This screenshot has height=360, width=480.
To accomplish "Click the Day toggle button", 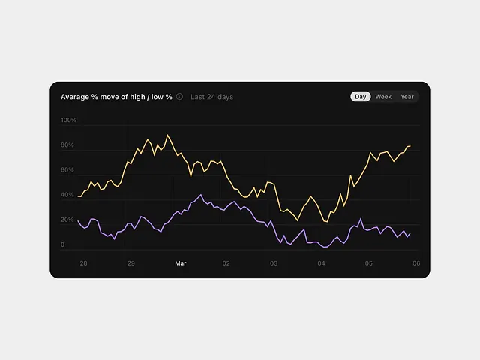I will click(361, 97).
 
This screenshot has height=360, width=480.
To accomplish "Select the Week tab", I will click(383, 97).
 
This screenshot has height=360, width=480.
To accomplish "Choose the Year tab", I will click(406, 97).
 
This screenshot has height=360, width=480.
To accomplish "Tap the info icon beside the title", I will click(179, 97).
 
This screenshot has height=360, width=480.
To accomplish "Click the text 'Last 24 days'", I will click(211, 97).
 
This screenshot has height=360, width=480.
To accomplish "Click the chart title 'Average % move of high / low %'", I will click(116, 97).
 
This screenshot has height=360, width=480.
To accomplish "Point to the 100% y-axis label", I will click(68, 120).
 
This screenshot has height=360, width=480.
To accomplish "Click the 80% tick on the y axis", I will click(67, 145).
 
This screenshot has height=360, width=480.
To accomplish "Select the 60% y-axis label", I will click(67, 170).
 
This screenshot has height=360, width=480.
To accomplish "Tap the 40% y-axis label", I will click(67, 195).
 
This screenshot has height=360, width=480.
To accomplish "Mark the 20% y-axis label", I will click(67, 220).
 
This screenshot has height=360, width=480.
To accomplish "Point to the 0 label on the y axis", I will click(63, 244).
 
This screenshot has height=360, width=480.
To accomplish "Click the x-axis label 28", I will click(83, 263).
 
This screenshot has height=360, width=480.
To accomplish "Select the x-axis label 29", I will click(131, 263).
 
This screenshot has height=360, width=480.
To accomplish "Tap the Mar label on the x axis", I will click(180, 263).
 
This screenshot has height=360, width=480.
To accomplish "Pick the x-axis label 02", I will click(226, 263).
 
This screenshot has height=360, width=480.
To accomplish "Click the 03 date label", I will click(274, 263).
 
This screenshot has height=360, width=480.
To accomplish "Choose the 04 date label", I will click(321, 263).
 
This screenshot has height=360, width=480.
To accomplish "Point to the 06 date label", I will click(415, 263).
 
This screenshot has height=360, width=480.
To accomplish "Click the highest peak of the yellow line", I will click(168, 136).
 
